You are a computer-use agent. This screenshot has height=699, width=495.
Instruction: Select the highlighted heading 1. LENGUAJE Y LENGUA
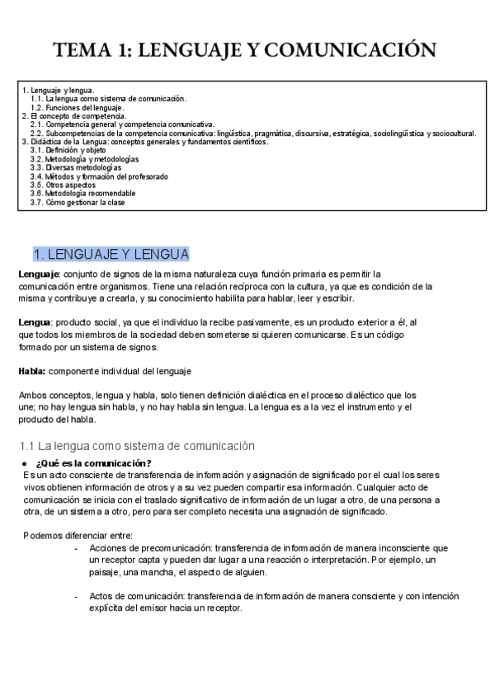111,254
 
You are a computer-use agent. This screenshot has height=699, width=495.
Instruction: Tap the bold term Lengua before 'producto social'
35,321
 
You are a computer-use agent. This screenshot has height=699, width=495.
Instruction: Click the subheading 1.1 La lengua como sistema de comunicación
136,446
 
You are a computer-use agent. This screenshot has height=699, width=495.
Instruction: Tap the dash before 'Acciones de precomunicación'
76,547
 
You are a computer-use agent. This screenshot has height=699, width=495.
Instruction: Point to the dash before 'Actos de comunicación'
76,595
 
